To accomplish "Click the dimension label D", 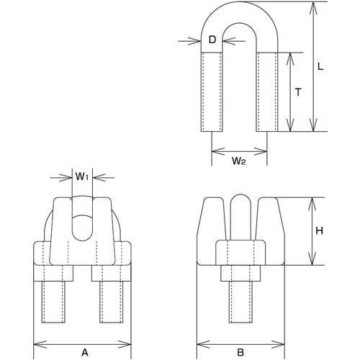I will [212, 40].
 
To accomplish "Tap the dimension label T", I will [297, 92].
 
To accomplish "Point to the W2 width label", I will [240, 161].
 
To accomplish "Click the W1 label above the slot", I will [82, 175].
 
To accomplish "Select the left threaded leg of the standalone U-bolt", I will [213, 92].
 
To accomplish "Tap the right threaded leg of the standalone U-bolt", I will [267, 92].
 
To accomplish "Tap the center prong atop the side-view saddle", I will [240, 212].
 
